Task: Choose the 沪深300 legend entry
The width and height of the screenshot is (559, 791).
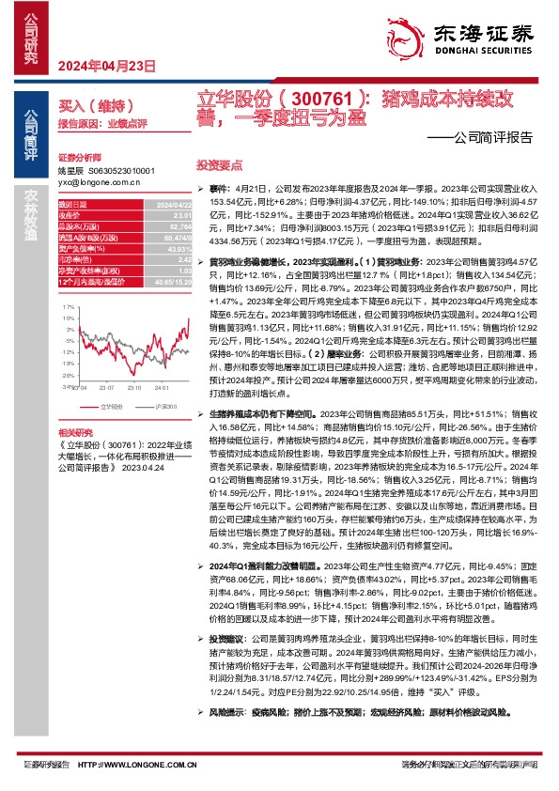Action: pos(163,406)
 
